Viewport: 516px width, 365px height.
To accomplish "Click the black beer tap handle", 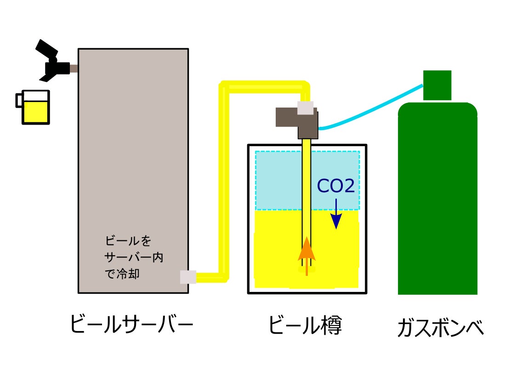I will [x=46, y=47].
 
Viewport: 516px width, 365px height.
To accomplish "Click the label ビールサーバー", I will [x=131, y=325].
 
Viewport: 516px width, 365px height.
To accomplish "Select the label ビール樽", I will [x=305, y=325].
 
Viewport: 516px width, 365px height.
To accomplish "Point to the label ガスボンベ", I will [x=441, y=327].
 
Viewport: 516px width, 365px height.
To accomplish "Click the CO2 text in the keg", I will [x=336, y=187].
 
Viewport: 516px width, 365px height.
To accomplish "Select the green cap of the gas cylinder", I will [x=437, y=85].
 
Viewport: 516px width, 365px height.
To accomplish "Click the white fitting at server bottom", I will [x=188, y=276].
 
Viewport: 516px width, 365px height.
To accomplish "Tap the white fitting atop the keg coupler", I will [x=306, y=107].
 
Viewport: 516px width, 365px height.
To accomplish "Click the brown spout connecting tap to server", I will [x=74, y=68].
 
